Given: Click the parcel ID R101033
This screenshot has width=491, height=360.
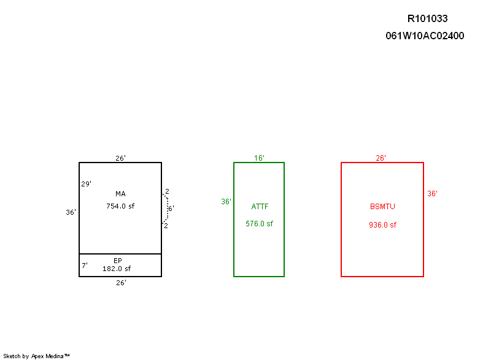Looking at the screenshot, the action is pos(427,19).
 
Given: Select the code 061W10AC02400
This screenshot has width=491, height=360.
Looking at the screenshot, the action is pos(425,36).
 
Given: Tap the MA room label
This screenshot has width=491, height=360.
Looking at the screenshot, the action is pos(120,194).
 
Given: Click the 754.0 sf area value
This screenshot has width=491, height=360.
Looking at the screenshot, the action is pos(120,206).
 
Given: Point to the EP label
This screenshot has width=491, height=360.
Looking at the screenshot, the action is pos(118,261).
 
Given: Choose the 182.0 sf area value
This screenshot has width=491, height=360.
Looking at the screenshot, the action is pos(117,269).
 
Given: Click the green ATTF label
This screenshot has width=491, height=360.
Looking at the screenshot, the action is pos(260,207).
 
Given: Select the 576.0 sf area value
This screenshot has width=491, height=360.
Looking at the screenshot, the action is pos(259,224).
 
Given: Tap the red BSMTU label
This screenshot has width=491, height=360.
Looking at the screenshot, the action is pos(382,207).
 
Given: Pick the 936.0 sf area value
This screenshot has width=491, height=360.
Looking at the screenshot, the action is pos(382,225).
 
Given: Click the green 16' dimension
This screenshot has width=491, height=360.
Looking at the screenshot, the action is pos(259,158).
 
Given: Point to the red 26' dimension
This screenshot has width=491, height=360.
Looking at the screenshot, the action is pos(381,158).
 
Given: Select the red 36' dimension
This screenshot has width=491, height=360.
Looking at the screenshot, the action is pos(432,194).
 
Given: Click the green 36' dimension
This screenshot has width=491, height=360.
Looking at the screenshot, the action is pos(226,202).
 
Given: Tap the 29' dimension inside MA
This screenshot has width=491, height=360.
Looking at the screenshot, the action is pos(86,184).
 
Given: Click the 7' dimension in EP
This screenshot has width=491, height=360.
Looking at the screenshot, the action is pos(85,266).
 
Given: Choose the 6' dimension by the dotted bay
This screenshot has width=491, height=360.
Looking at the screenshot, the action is pos(171,209).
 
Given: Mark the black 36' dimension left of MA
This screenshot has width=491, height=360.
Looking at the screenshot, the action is pos(71,212).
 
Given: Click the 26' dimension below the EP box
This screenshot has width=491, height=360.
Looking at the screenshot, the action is pos(121,283).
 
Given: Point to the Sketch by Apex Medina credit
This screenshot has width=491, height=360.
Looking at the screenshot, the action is pos(36,356).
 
